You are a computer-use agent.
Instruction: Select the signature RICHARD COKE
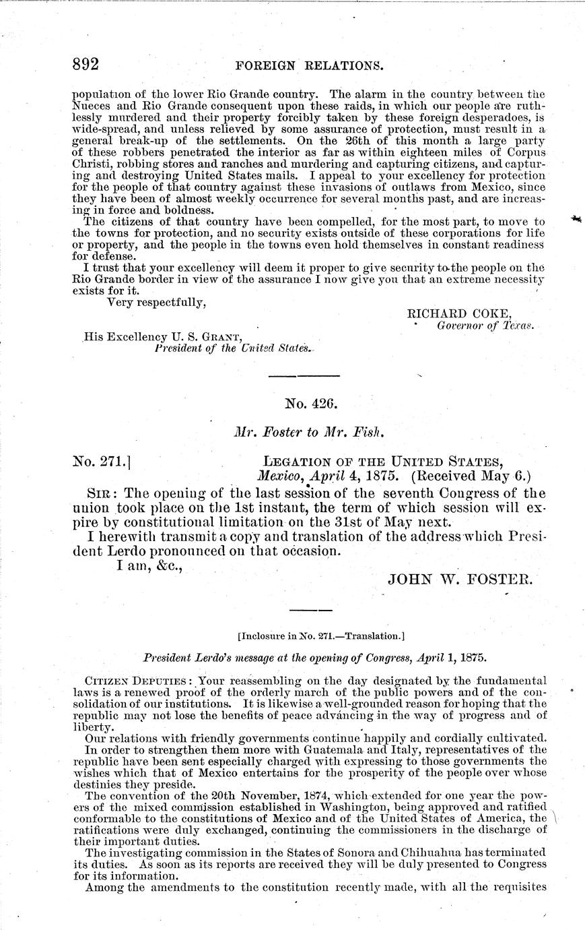coord(460,313)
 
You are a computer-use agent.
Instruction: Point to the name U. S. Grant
coord(207,336)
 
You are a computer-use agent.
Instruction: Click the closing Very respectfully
coord(157,303)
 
